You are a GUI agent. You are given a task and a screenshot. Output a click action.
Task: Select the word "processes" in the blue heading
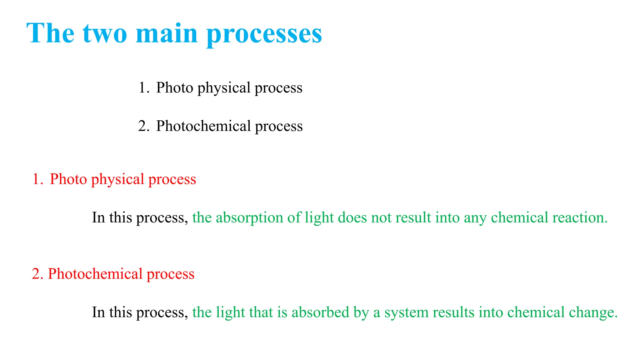pos(264,34)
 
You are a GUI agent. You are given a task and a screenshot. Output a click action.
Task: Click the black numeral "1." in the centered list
pos(144,87)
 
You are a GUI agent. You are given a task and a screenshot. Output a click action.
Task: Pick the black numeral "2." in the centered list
pos(144,126)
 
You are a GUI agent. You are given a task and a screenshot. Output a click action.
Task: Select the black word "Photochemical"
pos(203,126)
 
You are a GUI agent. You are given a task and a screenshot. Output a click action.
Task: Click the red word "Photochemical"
pos(95,274)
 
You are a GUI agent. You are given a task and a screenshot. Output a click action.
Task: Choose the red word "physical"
pos(117,180)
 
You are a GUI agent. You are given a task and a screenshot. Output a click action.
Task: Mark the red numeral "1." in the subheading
pos(37,179)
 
